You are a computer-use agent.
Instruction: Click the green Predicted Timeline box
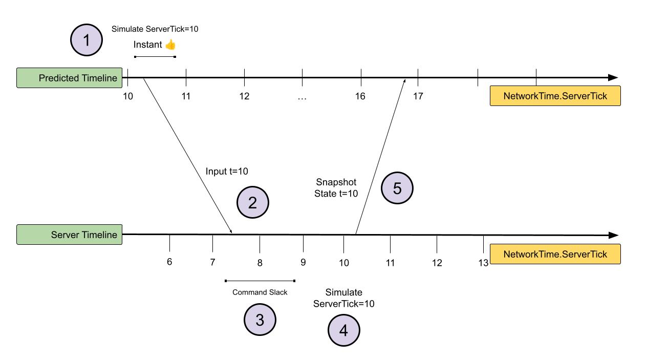point(69,78)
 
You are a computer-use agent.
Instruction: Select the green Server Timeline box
point(69,235)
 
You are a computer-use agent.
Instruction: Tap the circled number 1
point(87,40)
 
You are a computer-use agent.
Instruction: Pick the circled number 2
point(252,203)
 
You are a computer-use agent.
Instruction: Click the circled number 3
point(260,320)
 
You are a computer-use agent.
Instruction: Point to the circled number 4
point(343,330)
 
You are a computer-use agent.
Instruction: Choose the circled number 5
point(397,188)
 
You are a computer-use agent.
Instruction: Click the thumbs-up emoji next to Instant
point(170,45)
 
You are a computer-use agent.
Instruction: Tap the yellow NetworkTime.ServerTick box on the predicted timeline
point(555,96)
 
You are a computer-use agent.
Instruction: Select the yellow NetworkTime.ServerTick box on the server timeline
point(555,254)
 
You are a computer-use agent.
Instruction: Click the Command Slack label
point(260,292)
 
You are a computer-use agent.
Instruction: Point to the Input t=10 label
point(227,171)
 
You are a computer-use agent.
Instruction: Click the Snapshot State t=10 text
point(336,188)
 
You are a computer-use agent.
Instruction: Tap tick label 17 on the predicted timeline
point(418,96)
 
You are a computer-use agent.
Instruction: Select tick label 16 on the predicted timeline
point(360,96)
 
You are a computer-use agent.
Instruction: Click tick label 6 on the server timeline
point(169,262)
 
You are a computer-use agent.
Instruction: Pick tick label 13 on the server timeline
point(483,263)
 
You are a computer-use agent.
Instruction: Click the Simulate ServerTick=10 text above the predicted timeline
point(155,29)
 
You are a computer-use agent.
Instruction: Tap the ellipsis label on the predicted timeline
point(302,96)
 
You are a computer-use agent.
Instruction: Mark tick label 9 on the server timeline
point(303,262)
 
